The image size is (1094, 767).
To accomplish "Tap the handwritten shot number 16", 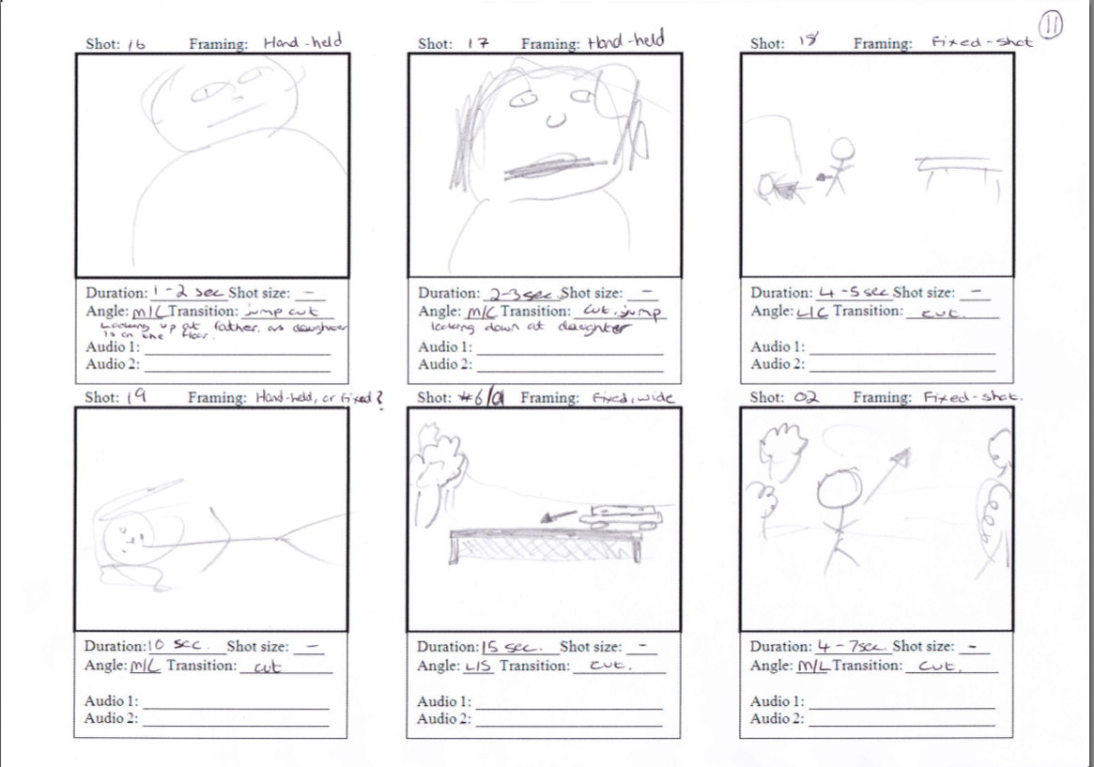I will click(134, 44).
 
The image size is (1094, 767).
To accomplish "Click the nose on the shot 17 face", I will click(555, 119).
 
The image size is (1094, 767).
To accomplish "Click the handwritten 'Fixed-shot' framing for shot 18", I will click(980, 42).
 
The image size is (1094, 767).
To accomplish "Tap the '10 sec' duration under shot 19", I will click(170, 646).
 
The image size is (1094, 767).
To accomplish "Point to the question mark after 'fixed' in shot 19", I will click(379, 397).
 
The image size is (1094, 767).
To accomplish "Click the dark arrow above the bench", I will click(561, 514).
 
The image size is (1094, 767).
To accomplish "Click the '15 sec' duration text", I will click(507, 647).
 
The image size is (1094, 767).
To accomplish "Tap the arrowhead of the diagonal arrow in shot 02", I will click(902, 458).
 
